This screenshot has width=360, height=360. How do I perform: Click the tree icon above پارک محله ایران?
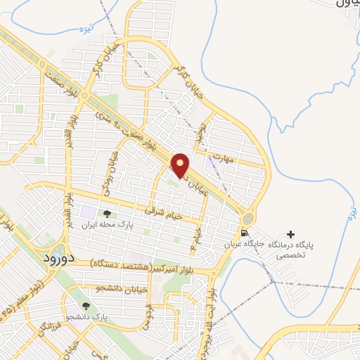(x=107, y=214)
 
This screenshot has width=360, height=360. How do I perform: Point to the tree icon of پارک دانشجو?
(x=86, y=306)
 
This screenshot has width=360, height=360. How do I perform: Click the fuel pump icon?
(x=244, y=233)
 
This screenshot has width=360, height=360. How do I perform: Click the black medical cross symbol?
(x=291, y=233)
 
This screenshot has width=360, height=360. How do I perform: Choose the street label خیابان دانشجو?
(x=124, y=288)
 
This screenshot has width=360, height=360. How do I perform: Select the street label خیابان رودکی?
(x=111, y=169)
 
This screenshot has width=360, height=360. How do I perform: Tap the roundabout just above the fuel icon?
(x=249, y=217)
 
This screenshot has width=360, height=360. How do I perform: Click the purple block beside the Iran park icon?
(x=88, y=211)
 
